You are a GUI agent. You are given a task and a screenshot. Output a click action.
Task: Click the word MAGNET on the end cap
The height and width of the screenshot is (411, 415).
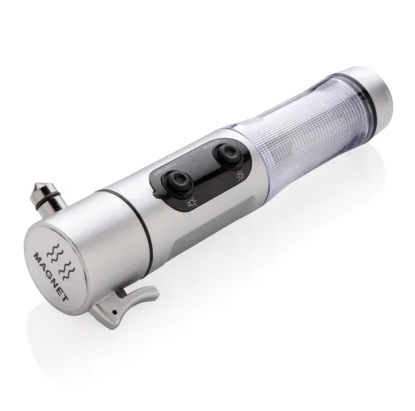tap(50, 277)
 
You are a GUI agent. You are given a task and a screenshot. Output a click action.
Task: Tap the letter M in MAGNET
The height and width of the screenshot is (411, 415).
tap(37, 257)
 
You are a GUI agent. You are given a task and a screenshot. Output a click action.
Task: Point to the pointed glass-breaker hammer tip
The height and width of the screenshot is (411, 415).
tap(37, 187)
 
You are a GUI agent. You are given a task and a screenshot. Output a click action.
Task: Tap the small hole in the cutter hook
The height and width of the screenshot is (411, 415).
tap(114, 312)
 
